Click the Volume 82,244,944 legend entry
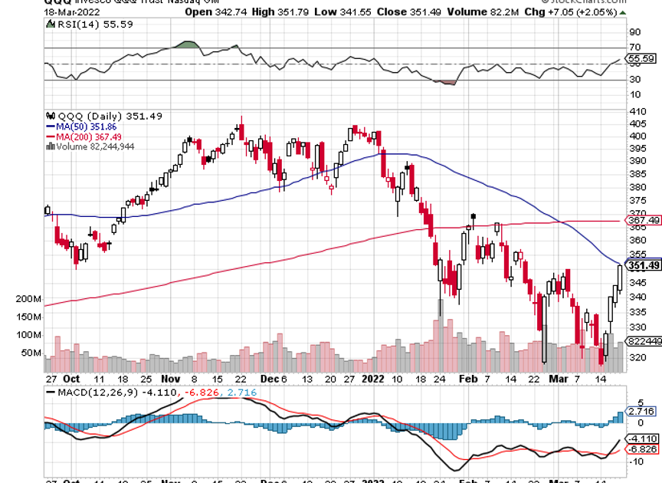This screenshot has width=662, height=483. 91,146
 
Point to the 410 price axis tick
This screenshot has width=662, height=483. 635,112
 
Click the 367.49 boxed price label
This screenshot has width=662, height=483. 643,221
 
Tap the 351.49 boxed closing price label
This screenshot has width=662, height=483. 644,266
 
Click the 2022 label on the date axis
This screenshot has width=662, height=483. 373,379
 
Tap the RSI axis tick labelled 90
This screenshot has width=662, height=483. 634,32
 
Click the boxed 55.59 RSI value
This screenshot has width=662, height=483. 641,58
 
